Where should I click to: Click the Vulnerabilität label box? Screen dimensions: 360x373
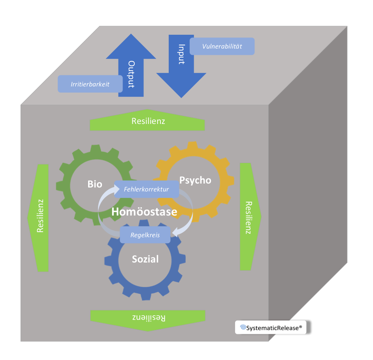(x=222, y=46)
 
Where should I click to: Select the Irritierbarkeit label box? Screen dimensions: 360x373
(x=90, y=84)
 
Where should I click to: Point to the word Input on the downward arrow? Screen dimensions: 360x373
(x=181, y=54)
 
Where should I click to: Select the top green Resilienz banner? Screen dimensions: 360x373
(x=147, y=121)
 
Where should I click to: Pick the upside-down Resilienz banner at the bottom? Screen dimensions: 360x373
(x=148, y=318)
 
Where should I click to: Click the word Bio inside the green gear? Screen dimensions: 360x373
(x=95, y=184)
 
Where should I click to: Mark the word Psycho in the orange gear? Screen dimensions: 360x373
(x=195, y=180)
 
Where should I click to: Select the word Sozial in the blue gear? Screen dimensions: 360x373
(x=145, y=259)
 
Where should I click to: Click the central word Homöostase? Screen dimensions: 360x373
(x=144, y=212)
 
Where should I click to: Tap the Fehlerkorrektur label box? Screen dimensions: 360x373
(x=146, y=189)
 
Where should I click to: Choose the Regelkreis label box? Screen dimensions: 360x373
(x=145, y=235)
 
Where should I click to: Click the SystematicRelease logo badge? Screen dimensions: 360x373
(x=271, y=327)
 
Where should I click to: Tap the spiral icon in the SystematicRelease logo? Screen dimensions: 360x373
(x=243, y=327)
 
